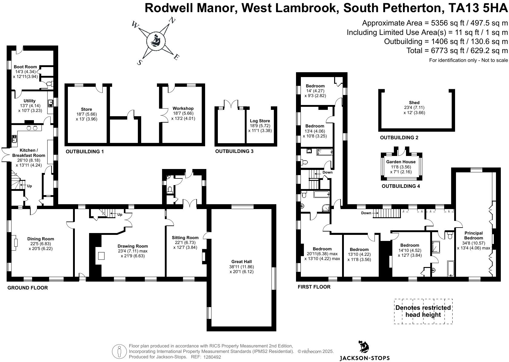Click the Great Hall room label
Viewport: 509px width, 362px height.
(241, 262)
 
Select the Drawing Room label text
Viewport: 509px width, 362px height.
(133, 246)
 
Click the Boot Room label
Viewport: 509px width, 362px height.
(25, 67)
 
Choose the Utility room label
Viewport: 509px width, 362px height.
(29, 101)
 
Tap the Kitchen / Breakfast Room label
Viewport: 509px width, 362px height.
(28, 153)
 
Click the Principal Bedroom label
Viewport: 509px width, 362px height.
(474, 235)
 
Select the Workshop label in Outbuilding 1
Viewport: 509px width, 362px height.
(183, 108)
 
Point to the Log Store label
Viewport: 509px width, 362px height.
(260, 121)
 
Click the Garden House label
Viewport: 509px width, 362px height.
(401, 162)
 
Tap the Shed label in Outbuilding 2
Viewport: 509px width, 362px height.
(414, 103)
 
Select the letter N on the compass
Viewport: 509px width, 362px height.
(172, 21)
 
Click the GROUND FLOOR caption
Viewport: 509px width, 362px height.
(28, 288)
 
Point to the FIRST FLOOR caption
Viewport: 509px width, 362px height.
(314, 287)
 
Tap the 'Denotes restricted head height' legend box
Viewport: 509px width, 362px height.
(423, 311)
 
